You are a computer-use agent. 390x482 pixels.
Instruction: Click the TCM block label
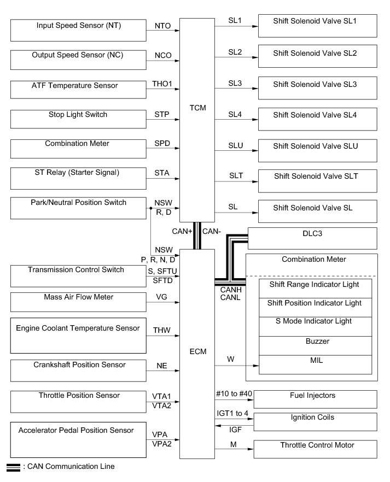[x=197, y=108]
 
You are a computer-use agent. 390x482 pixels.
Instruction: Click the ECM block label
[x=197, y=351]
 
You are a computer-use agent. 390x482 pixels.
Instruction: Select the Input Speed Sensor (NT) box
[x=78, y=30]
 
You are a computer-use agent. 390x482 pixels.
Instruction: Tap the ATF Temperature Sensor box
[x=78, y=89]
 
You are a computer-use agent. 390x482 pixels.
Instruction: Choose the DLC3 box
[x=312, y=237]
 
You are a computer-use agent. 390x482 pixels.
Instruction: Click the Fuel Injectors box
[x=315, y=399]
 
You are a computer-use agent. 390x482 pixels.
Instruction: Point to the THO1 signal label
[x=162, y=84]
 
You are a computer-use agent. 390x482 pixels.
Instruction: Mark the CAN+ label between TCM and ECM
[x=183, y=231]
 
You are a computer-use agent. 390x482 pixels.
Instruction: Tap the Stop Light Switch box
[x=78, y=119]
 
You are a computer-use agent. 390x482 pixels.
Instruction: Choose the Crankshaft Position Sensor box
[x=78, y=370]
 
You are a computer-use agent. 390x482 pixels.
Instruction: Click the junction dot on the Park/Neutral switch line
[x=150, y=208]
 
